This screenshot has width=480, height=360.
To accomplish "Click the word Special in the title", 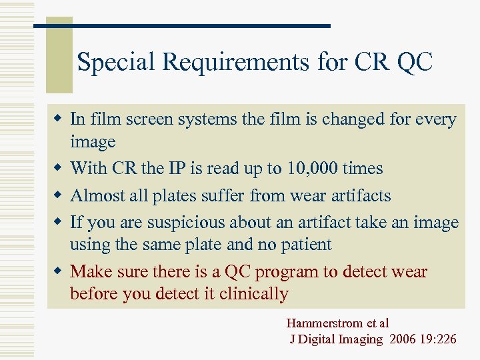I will pyautogui.click(x=117, y=63).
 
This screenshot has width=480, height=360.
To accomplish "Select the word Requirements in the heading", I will pyautogui.click(x=235, y=63).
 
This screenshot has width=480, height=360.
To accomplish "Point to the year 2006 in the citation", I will pyautogui.click(x=401, y=339).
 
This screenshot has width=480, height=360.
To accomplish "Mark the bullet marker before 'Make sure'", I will pyautogui.click(x=59, y=271).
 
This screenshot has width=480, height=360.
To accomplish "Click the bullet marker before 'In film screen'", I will pyautogui.click(x=59, y=119).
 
